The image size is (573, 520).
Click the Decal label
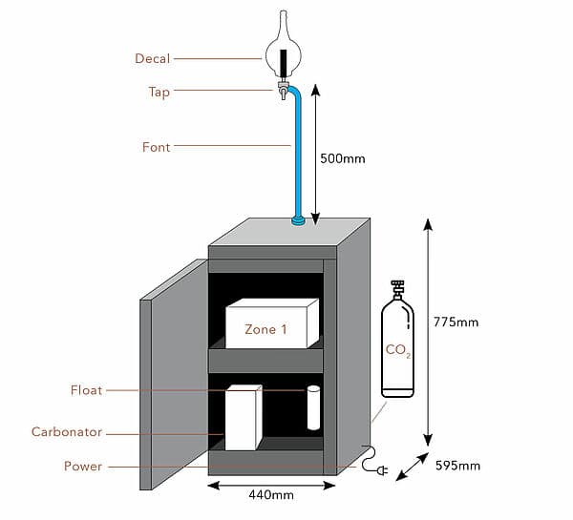coord(153,59)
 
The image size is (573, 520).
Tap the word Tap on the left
coord(159,93)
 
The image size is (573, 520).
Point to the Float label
coord(86,390)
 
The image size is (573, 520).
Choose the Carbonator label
coord(67,432)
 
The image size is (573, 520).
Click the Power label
coord(83,467)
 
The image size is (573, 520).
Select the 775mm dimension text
coord(456,322)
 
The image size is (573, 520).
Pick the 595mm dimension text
coord(456,466)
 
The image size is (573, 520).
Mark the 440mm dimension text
coord(272,494)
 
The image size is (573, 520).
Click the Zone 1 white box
coord(271,324)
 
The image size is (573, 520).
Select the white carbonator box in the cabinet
coord(243,417)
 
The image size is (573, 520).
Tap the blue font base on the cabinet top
coord(299,221)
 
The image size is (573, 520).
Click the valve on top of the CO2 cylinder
coord(397,288)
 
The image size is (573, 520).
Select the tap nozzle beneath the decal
coord(283,92)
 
